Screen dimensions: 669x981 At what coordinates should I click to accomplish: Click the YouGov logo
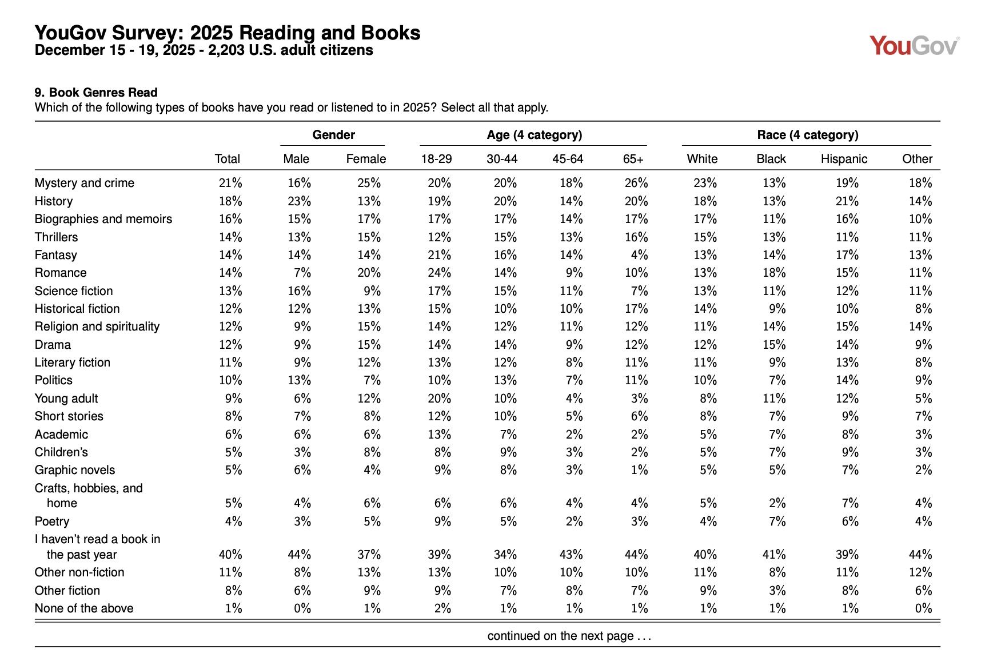tap(914, 46)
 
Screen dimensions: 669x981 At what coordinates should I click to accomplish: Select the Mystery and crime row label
tap(84, 183)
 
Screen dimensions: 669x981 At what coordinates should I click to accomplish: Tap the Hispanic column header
tap(844, 159)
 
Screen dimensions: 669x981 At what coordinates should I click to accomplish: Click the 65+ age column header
tap(633, 159)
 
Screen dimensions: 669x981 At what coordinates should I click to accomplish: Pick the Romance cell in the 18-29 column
tap(439, 273)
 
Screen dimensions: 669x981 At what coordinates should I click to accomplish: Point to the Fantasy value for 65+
tap(639, 255)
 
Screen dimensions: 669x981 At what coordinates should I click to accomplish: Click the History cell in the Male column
tap(299, 201)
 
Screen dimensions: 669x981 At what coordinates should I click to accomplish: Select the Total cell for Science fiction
tap(230, 291)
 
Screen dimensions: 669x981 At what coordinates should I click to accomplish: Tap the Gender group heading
tap(333, 135)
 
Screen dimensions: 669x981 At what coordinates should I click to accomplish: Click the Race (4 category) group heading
tap(807, 135)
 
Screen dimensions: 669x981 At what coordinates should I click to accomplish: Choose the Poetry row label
tap(51, 521)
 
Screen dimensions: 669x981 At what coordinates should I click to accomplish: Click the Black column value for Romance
tap(774, 273)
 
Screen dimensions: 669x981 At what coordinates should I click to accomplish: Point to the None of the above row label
tap(84, 608)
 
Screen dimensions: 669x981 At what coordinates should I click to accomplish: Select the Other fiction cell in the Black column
tap(777, 591)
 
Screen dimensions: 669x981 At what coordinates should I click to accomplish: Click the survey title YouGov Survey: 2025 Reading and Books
tap(228, 33)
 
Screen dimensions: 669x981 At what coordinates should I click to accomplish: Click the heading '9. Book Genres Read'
tap(96, 93)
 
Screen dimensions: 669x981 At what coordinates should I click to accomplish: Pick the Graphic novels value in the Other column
tap(923, 470)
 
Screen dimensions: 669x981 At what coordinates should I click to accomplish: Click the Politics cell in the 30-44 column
tap(505, 380)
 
